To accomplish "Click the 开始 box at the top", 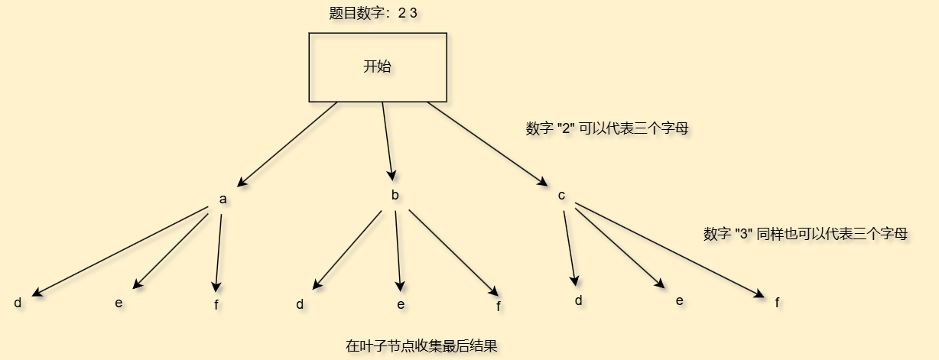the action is tap(377, 67).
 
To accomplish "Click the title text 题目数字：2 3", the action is tap(373, 14).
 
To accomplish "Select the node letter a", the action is tap(223, 199).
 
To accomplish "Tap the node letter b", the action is tap(395, 196).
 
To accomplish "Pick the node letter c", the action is tap(561, 196).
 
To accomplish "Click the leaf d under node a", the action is tap(18, 303).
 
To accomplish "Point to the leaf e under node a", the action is tap(119, 303).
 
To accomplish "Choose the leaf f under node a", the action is tap(216, 305).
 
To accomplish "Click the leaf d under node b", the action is tap(300, 305).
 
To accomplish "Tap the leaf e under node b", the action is tap(401, 305).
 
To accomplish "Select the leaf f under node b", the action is tap(499, 306).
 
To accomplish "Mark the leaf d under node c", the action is tap(579, 300).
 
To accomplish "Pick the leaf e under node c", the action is tap(679, 300).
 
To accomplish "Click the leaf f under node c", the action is tap(777, 303).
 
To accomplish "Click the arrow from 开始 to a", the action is tap(288, 144).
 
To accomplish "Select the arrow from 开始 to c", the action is tap(487, 144).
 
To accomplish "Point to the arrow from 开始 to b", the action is tap(388, 141).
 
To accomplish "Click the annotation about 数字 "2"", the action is tap(607, 129).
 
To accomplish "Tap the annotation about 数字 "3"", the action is tap(805, 234).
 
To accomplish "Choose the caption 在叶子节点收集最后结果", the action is tap(421, 345).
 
